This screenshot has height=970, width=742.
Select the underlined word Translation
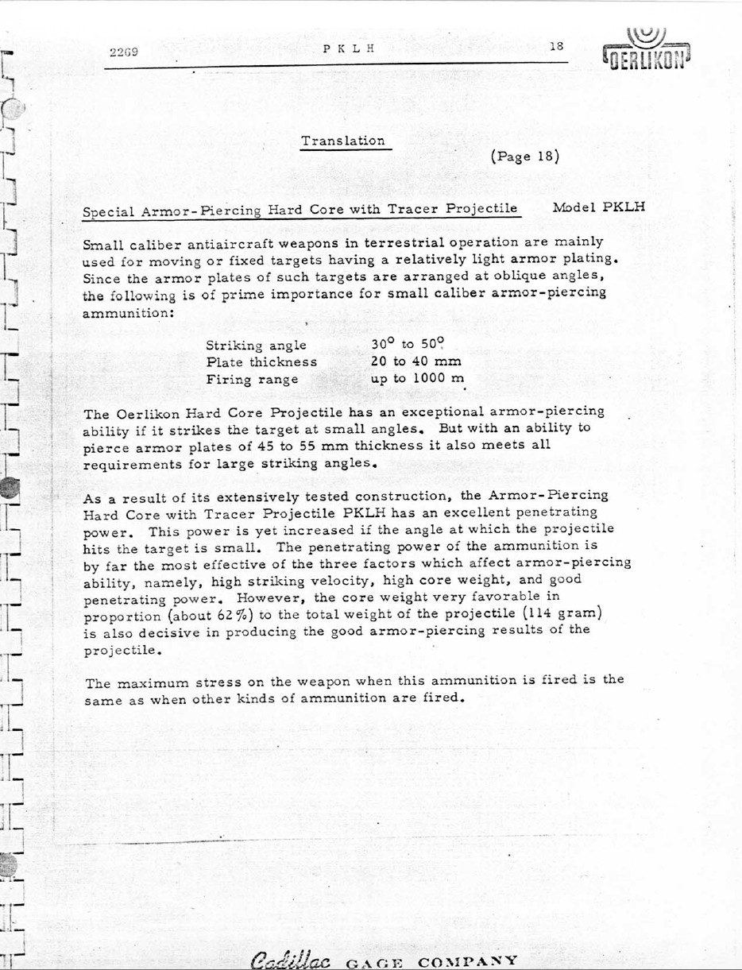[x=343, y=141]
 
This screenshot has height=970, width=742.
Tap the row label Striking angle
[x=255, y=346]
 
